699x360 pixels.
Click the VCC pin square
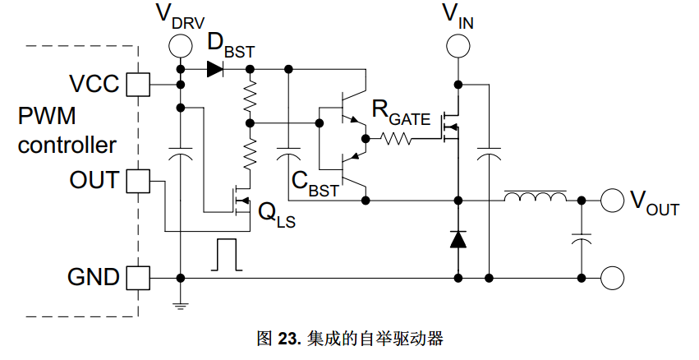point(138,85)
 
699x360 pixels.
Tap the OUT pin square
point(138,181)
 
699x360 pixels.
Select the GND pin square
point(138,278)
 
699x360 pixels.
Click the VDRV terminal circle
point(181,46)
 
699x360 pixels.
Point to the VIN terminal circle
point(458,46)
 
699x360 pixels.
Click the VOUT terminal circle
point(612,201)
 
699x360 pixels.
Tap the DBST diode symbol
point(216,69)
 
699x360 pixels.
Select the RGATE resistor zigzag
point(395,139)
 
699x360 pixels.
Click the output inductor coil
point(536,196)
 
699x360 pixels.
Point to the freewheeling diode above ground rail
point(458,239)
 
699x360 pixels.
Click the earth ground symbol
point(181,306)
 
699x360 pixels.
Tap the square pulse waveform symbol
point(227,254)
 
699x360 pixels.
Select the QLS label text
point(277,215)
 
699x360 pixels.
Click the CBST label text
point(315,184)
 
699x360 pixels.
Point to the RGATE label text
point(401,113)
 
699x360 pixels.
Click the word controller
point(67,145)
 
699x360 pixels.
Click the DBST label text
point(231,46)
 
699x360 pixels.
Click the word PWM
point(47,116)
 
